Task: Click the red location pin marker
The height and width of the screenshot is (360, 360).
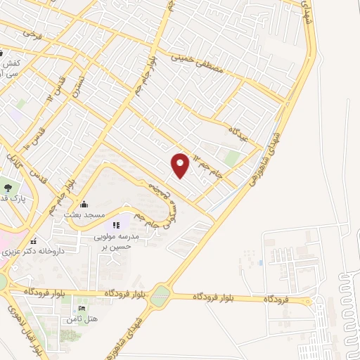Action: coord(181,165)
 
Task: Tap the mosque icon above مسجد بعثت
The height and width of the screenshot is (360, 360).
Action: coord(84,204)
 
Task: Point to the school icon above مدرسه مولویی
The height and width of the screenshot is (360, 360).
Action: coord(117,225)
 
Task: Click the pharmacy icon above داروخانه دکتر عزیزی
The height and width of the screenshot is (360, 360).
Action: coord(34,241)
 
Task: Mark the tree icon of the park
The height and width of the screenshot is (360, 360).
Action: coord(8,188)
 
